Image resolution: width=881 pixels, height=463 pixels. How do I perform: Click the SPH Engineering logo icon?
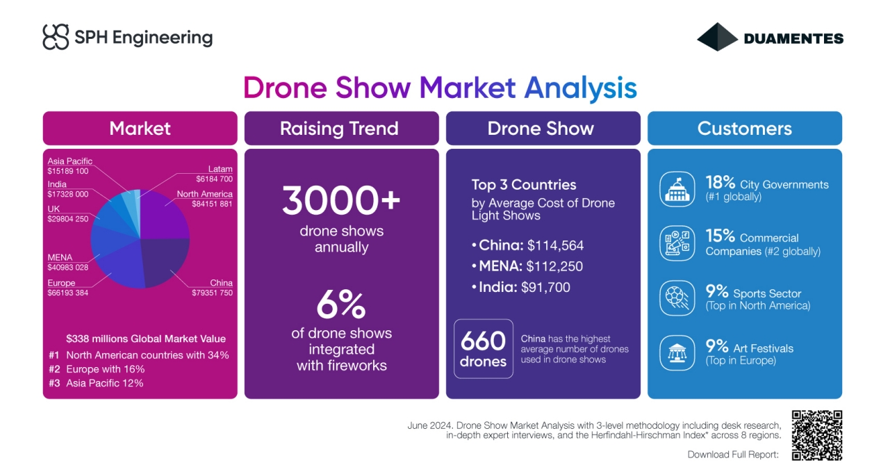pos(56,37)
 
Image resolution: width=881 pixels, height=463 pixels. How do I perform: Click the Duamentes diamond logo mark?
pos(717,37)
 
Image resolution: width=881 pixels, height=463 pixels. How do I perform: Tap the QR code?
pos(816,435)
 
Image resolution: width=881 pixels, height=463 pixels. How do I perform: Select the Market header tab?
pos(140,129)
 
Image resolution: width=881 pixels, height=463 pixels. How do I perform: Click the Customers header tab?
pos(744,129)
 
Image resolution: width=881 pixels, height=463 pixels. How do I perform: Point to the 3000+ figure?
pos(341,200)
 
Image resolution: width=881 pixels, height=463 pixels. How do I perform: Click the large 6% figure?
pos(341,304)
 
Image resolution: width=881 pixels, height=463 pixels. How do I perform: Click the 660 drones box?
pos(483,348)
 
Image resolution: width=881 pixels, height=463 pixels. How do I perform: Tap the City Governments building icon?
pos(677,189)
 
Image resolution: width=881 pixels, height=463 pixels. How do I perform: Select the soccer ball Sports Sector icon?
pos(677,298)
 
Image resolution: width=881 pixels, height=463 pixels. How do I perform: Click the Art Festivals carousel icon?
pos(677,352)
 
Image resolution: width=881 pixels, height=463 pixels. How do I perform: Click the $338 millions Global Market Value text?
pos(146,339)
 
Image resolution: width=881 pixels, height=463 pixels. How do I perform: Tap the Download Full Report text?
pos(733,454)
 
